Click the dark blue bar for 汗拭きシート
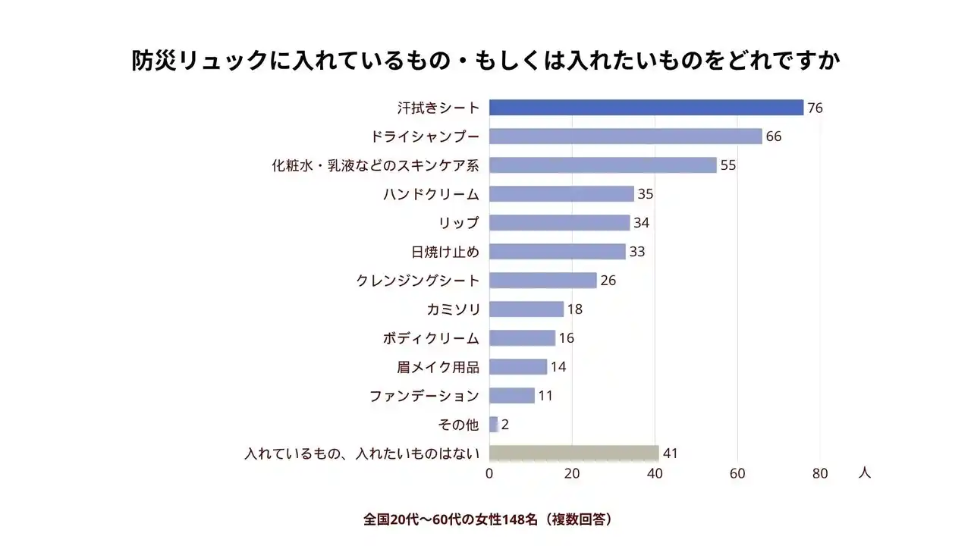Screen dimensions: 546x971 pyautogui.click(x=646, y=108)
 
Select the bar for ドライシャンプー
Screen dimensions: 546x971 pyautogui.click(x=625, y=136)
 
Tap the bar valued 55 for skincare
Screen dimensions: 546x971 pyautogui.click(x=602, y=165)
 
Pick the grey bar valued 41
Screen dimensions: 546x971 pyautogui.click(x=573, y=453)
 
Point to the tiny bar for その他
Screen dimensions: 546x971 pyautogui.click(x=493, y=425)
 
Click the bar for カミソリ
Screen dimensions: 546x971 pyautogui.click(x=526, y=309)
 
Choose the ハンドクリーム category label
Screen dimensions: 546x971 pyautogui.click(x=431, y=194)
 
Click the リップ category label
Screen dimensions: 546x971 pyautogui.click(x=459, y=223)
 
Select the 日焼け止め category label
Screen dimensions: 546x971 pyautogui.click(x=445, y=252)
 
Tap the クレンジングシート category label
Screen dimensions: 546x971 pyautogui.click(x=417, y=281)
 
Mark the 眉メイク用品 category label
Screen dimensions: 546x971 pyautogui.click(x=438, y=367)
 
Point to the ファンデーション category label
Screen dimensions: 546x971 pyautogui.click(x=424, y=396)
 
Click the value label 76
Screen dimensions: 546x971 pyautogui.click(x=815, y=108)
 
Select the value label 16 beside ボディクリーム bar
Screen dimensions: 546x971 pyautogui.click(x=567, y=338)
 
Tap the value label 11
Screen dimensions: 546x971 pyautogui.click(x=545, y=396)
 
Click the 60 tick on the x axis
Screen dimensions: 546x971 pyautogui.click(x=737, y=474)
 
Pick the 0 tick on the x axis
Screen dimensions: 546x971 pyautogui.click(x=489, y=474)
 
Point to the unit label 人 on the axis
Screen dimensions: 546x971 pyautogui.click(x=865, y=472)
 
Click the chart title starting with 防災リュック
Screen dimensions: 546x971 pyautogui.click(x=485, y=61)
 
